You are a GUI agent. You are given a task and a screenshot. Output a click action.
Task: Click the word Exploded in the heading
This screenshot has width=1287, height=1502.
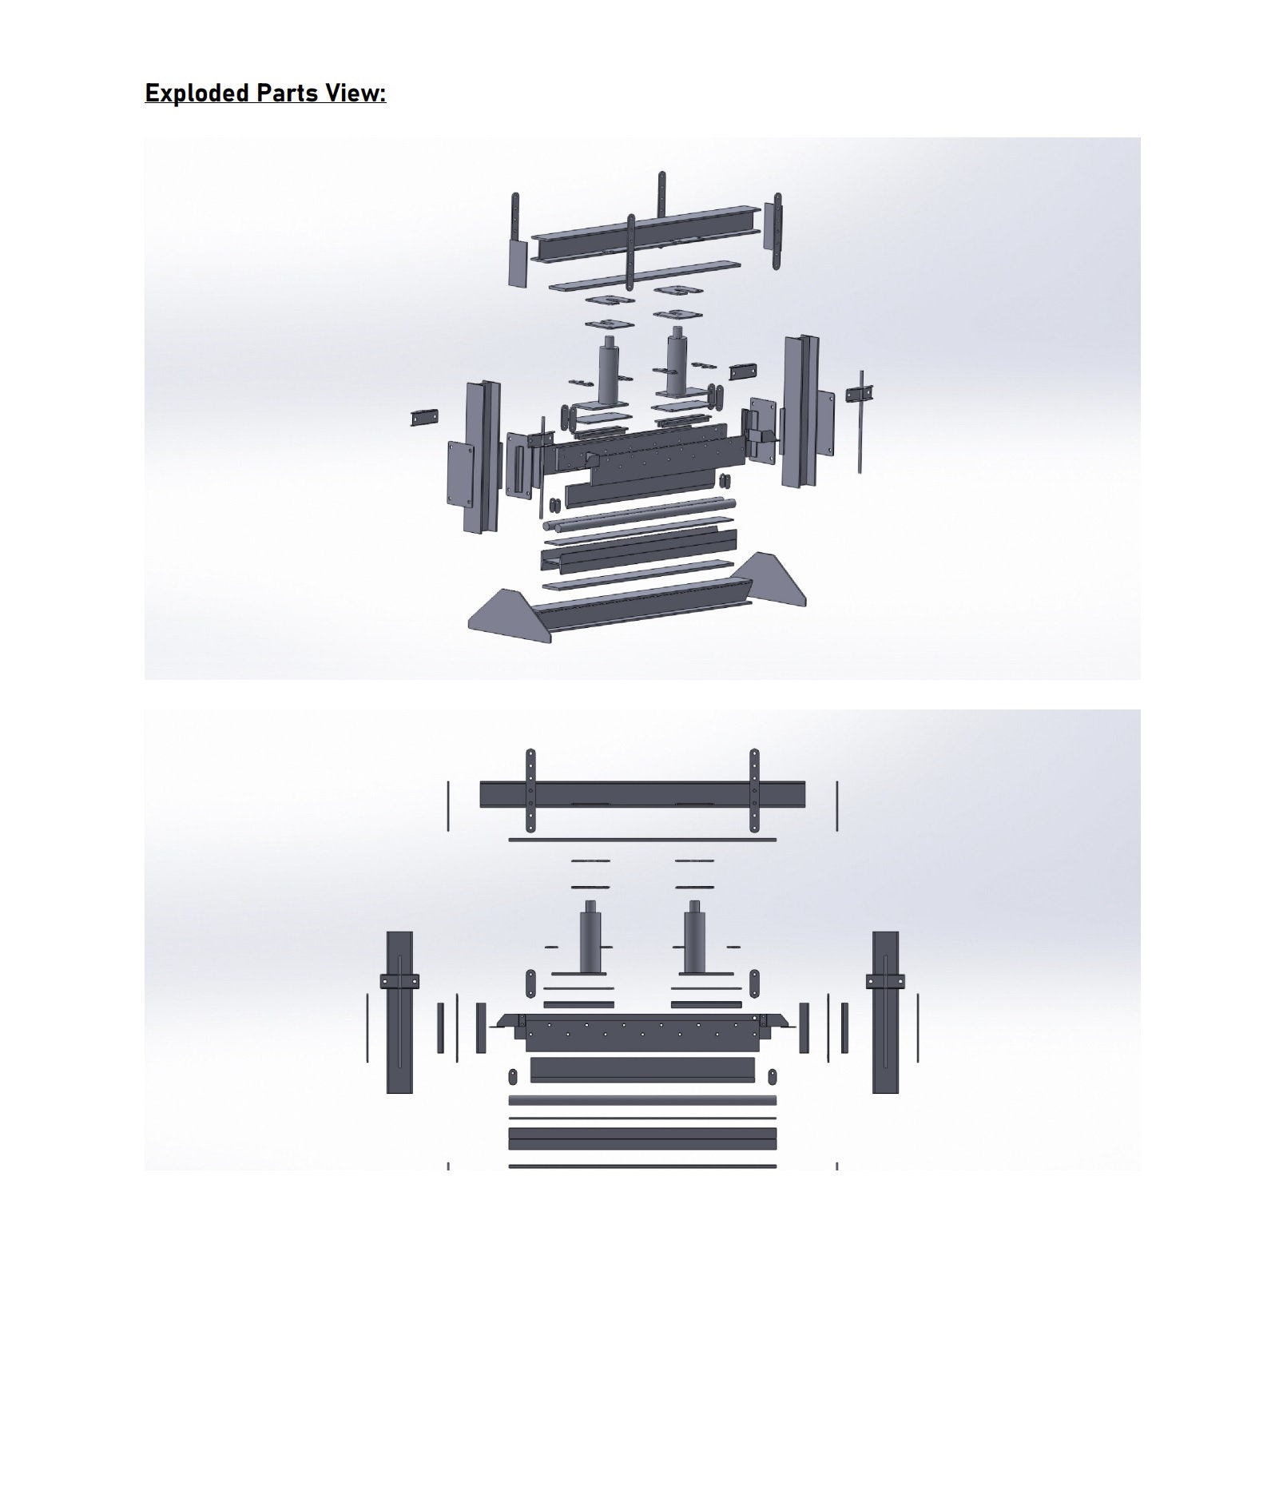(x=197, y=93)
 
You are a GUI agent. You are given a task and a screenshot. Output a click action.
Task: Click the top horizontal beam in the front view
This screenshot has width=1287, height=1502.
(x=642, y=794)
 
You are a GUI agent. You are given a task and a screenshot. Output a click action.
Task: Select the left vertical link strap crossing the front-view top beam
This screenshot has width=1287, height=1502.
(x=530, y=791)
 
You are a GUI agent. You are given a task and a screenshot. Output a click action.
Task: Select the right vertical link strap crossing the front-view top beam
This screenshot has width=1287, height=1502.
(x=754, y=791)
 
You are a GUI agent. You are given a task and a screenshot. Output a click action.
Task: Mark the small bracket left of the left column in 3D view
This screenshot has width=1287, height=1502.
(x=424, y=416)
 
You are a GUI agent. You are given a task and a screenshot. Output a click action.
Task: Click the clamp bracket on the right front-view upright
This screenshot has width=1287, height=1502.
(x=885, y=981)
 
